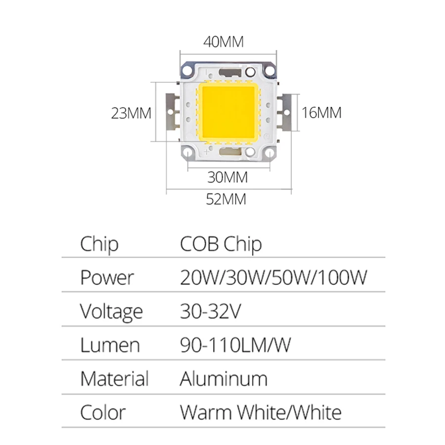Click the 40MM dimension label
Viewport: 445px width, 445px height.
click(x=223, y=42)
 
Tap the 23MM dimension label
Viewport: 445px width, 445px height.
click(x=131, y=113)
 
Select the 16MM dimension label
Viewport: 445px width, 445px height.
click(x=321, y=113)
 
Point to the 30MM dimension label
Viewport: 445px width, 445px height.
click(x=227, y=177)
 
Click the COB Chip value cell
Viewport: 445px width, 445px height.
click(x=221, y=244)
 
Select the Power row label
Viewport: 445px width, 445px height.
click(x=107, y=278)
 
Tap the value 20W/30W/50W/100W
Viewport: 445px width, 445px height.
click(x=273, y=278)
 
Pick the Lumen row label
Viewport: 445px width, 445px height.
click(x=110, y=345)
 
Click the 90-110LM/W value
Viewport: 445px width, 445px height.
click(x=235, y=345)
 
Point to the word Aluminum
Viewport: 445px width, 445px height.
click(x=223, y=379)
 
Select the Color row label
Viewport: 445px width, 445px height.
click(x=103, y=412)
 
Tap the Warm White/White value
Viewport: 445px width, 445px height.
click(x=261, y=412)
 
